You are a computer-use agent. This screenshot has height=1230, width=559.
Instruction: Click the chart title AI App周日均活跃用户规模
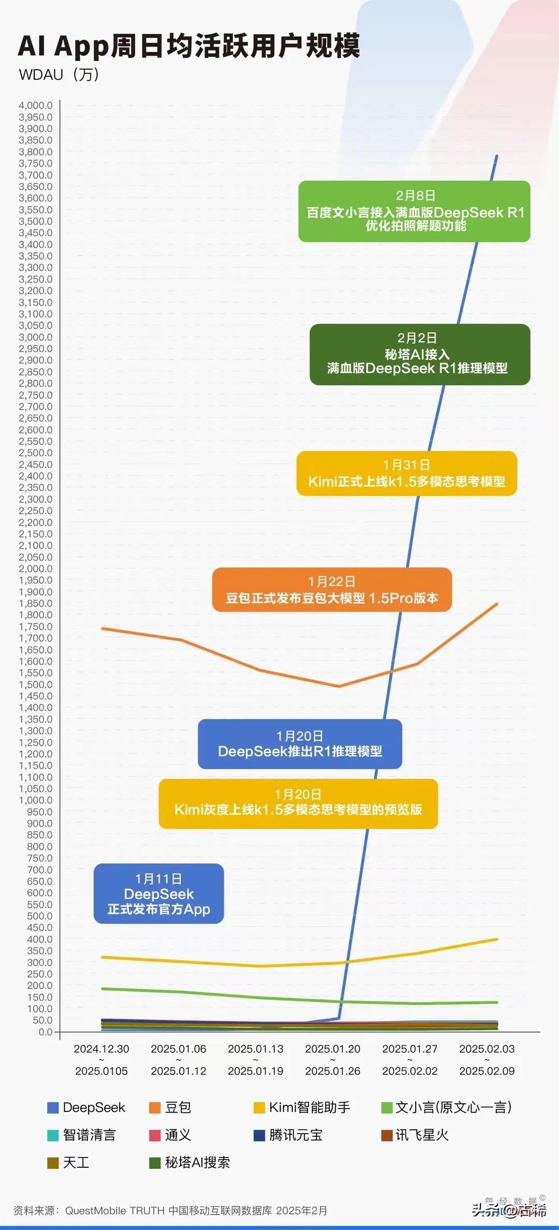tap(189, 46)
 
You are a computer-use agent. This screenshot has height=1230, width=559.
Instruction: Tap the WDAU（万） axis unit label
tap(58, 75)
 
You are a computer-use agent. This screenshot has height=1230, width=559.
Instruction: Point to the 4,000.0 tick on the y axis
tap(36, 106)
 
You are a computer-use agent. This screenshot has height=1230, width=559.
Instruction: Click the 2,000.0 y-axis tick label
tap(36, 569)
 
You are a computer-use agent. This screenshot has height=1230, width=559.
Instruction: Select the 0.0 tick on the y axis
tap(46, 1032)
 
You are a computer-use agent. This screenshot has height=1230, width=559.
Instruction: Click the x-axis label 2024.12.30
tap(101, 1049)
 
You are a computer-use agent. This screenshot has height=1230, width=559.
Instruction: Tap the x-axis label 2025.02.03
tap(487, 1049)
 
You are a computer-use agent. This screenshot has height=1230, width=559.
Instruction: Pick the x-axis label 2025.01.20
tap(333, 1049)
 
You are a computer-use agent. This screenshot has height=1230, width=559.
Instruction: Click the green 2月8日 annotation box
tap(415, 211)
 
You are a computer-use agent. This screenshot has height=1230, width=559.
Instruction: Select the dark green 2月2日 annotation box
tap(420, 355)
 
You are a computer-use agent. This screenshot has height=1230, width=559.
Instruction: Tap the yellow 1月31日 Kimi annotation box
tap(407, 474)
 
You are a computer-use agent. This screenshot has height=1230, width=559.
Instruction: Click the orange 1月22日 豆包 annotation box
tap(332, 590)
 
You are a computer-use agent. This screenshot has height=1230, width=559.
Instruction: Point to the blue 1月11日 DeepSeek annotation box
tap(159, 894)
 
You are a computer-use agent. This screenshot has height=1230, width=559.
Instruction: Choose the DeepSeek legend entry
tap(86, 1107)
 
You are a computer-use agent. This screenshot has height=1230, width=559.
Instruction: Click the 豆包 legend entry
tap(170, 1107)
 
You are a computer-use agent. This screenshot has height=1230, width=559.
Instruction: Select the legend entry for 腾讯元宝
tap(288, 1135)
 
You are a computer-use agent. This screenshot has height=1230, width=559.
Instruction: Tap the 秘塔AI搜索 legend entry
tap(189, 1163)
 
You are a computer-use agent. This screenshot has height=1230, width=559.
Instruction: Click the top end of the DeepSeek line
tap(497, 155)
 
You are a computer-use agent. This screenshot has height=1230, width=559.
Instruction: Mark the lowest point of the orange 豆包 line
tap(339, 686)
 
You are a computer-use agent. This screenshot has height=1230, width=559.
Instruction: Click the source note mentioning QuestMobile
tap(170, 1210)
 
